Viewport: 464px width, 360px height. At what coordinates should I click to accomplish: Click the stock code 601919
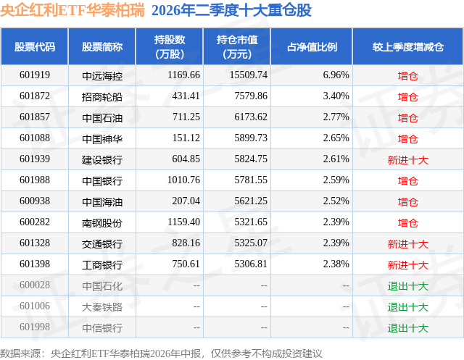35,75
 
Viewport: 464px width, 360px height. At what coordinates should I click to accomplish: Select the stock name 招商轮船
102,96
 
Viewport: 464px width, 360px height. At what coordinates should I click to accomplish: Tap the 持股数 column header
170,40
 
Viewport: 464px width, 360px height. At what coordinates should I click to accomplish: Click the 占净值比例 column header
312,46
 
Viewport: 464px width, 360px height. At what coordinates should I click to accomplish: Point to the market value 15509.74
249,75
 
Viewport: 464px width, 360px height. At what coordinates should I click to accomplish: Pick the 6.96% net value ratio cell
336,75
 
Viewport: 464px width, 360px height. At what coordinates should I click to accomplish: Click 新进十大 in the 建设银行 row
407,160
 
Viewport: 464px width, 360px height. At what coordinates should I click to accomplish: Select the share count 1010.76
183,180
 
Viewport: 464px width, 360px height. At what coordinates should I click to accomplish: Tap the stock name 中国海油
102,202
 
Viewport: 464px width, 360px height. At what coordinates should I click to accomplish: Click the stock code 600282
35,222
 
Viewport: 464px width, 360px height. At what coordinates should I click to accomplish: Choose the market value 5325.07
251,243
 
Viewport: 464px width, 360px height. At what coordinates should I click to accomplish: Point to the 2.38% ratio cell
336,264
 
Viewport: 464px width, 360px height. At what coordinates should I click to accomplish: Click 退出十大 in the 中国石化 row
407,286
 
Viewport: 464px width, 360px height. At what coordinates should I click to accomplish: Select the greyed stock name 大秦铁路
102,307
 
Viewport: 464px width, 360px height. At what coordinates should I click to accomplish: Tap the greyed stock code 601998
35,327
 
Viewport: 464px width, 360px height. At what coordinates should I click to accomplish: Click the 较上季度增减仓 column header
407,46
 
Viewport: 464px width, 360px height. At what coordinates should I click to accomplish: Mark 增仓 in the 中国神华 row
407,139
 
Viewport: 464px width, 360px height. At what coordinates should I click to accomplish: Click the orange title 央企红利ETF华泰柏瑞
72,10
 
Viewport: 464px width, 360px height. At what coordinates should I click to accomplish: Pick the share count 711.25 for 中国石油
186,117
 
